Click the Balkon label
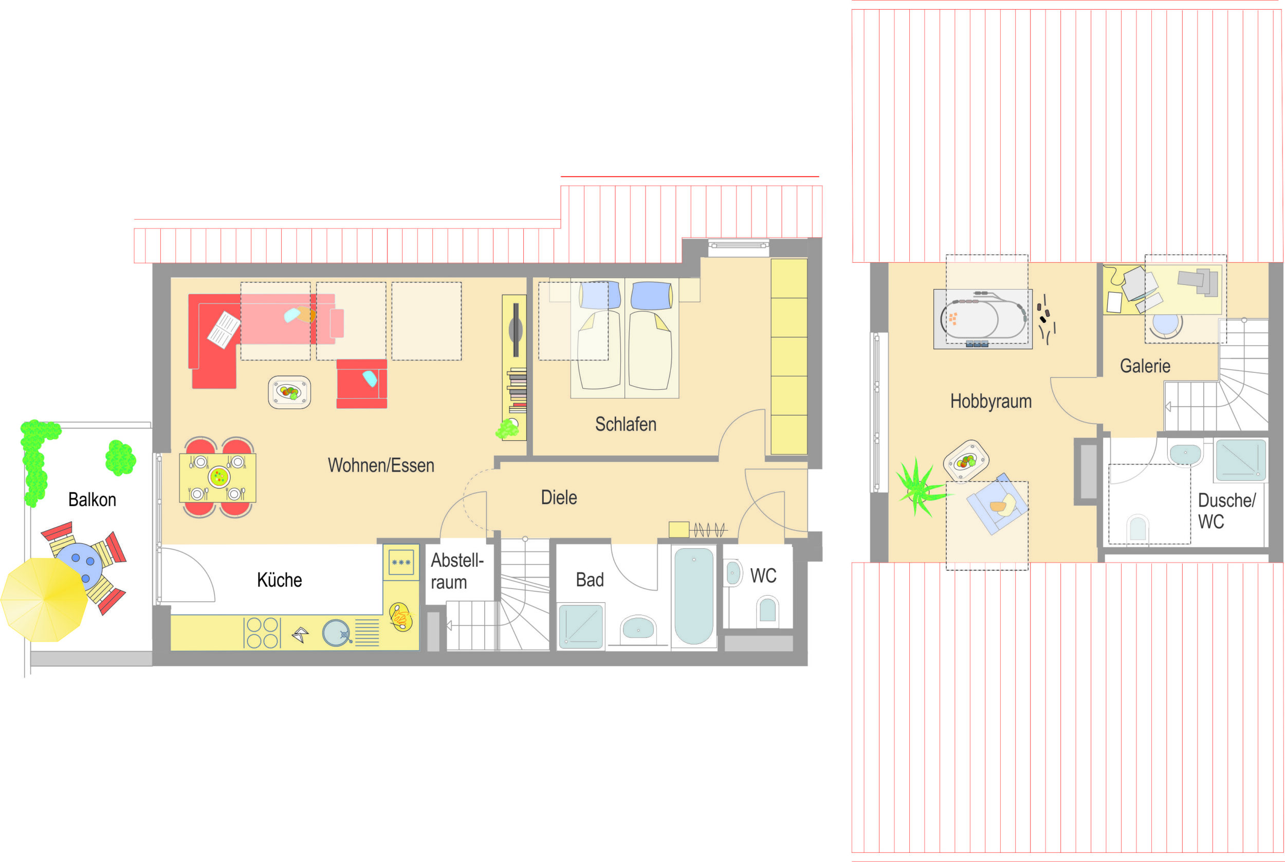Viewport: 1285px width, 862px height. (x=93, y=500)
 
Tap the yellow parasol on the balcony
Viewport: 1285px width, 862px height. (x=44, y=600)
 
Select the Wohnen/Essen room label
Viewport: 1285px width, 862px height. (x=381, y=465)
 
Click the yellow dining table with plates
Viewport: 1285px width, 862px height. (x=217, y=478)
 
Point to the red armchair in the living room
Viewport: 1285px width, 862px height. (x=361, y=384)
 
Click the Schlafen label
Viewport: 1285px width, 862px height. (x=626, y=424)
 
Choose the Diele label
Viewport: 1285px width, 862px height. (x=559, y=497)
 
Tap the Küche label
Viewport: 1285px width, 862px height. (x=279, y=580)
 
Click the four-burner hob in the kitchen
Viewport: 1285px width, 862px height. (x=262, y=633)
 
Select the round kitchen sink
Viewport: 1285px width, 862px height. (x=336, y=633)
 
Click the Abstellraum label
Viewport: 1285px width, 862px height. (x=457, y=571)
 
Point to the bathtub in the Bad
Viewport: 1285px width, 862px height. (x=694, y=596)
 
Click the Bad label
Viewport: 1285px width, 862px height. (x=590, y=580)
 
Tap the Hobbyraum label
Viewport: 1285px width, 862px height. (x=991, y=401)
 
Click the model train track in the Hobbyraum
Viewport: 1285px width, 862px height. (x=983, y=319)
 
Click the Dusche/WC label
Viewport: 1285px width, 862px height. (x=1226, y=511)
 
